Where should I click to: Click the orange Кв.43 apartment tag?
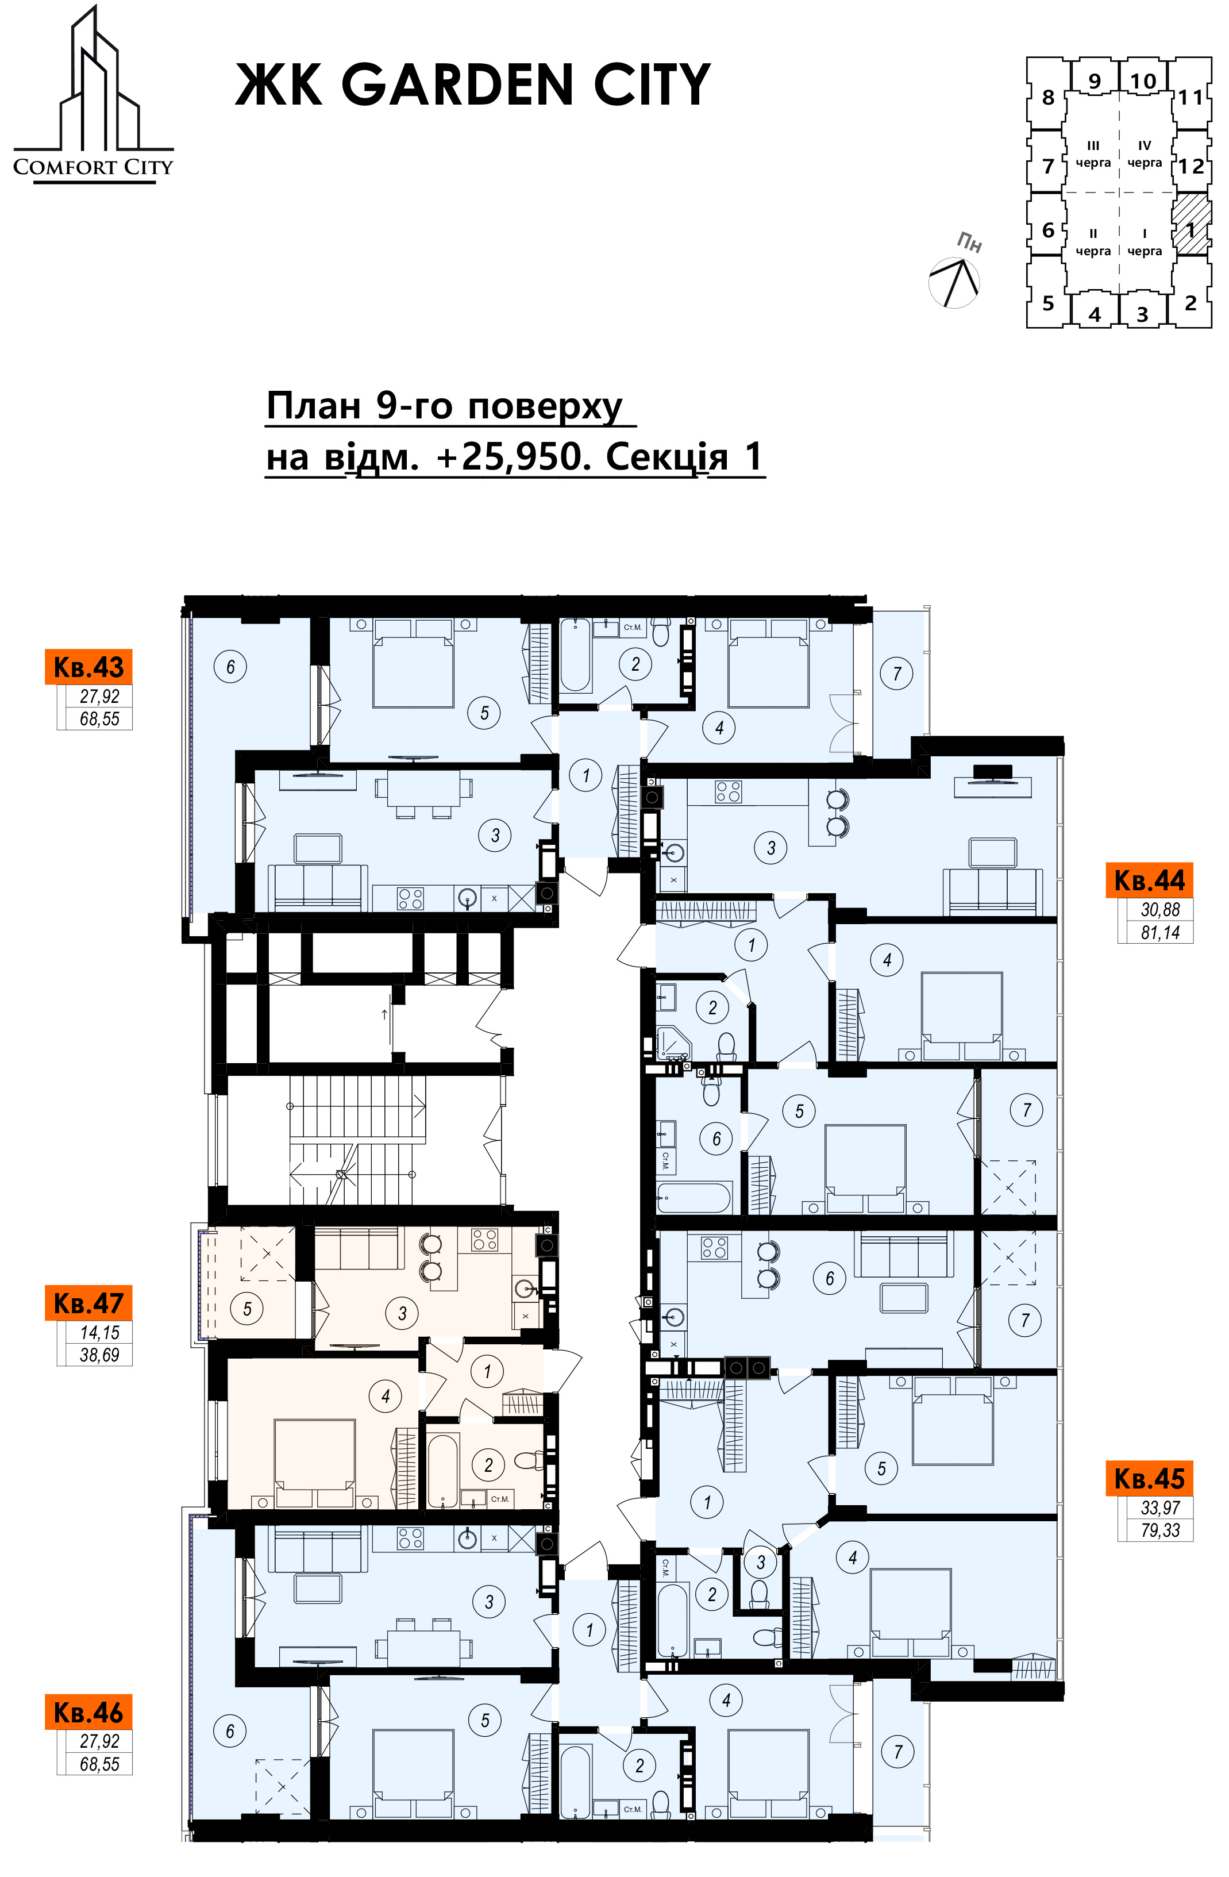click(88, 667)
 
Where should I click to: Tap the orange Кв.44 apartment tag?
click(1149, 880)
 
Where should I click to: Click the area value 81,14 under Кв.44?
click(1159, 932)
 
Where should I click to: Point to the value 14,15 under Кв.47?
click(99, 1333)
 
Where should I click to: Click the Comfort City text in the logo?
click(93, 167)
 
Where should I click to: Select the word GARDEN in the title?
click(457, 84)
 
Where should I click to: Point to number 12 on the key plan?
click(1191, 167)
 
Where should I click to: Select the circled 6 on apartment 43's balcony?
click(230, 667)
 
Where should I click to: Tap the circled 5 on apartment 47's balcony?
click(246, 1309)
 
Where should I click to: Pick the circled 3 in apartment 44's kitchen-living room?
click(771, 848)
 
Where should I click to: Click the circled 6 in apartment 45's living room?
click(829, 1278)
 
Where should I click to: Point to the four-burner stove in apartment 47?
click(484, 1240)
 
